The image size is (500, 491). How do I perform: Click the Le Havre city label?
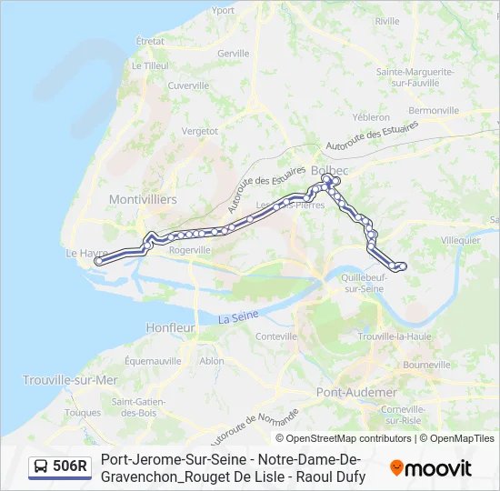click(87, 254)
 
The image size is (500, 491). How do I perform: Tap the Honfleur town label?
click(171, 327)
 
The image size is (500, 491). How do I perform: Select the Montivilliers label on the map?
click(143, 198)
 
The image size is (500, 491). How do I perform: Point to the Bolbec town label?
click(328, 169)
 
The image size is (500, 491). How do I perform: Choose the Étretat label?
click(149, 41)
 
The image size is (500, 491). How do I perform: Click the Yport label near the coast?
click(222, 11)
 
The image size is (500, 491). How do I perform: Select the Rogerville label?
click(190, 250)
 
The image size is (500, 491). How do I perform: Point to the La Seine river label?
click(238, 317)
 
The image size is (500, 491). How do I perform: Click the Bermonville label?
click(434, 110)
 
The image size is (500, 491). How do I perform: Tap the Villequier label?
click(460, 240)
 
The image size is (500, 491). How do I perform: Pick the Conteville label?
click(277, 336)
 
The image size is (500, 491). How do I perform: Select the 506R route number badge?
click(70, 466)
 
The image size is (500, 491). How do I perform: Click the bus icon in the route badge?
click(42, 467)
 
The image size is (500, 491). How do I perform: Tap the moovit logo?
click(431, 468)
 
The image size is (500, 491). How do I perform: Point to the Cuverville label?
click(189, 85)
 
